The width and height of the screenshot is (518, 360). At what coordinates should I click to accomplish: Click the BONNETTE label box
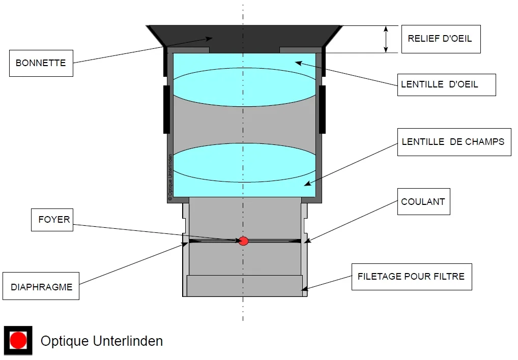click(x=41, y=63)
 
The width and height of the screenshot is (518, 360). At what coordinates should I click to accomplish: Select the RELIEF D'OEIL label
click(x=441, y=39)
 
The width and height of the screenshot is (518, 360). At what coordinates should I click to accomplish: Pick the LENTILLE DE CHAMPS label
click(x=453, y=142)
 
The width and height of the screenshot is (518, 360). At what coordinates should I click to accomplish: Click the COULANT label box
click(x=423, y=201)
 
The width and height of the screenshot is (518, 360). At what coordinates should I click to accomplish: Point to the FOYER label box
click(x=54, y=220)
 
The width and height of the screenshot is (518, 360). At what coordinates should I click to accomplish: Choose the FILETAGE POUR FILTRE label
click(x=411, y=277)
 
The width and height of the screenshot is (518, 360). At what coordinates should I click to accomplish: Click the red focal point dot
click(x=244, y=241)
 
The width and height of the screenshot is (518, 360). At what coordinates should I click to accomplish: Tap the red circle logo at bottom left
click(x=18, y=340)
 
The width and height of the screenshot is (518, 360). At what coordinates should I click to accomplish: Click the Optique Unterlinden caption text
click(x=102, y=341)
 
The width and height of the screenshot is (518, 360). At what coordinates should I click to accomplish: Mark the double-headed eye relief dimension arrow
click(x=386, y=39)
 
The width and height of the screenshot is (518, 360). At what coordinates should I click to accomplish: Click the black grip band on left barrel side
click(x=166, y=109)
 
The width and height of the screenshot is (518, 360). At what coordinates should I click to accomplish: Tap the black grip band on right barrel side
click(x=322, y=109)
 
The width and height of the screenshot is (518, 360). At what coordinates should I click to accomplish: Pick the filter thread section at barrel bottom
click(x=244, y=285)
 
